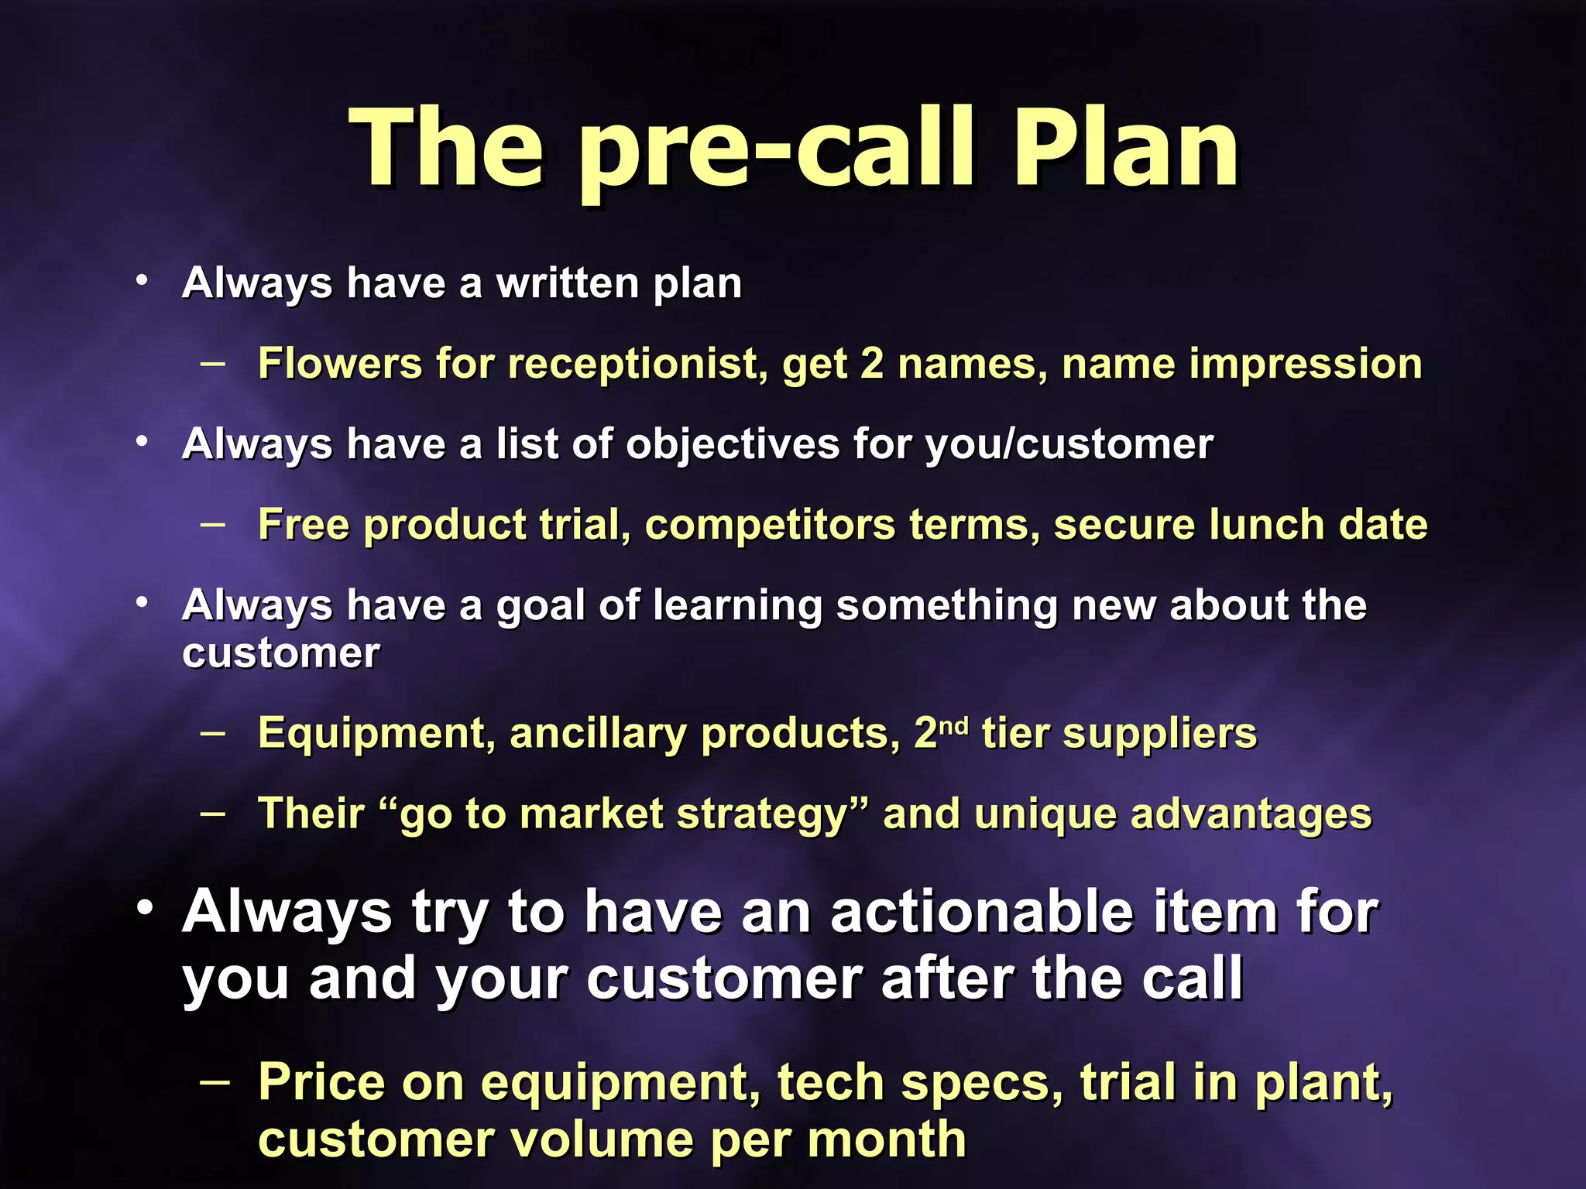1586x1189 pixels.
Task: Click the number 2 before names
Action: [x=872, y=364]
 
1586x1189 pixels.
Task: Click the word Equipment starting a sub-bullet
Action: [x=376, y=734]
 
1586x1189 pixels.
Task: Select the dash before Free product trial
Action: [x=213, y=523]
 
